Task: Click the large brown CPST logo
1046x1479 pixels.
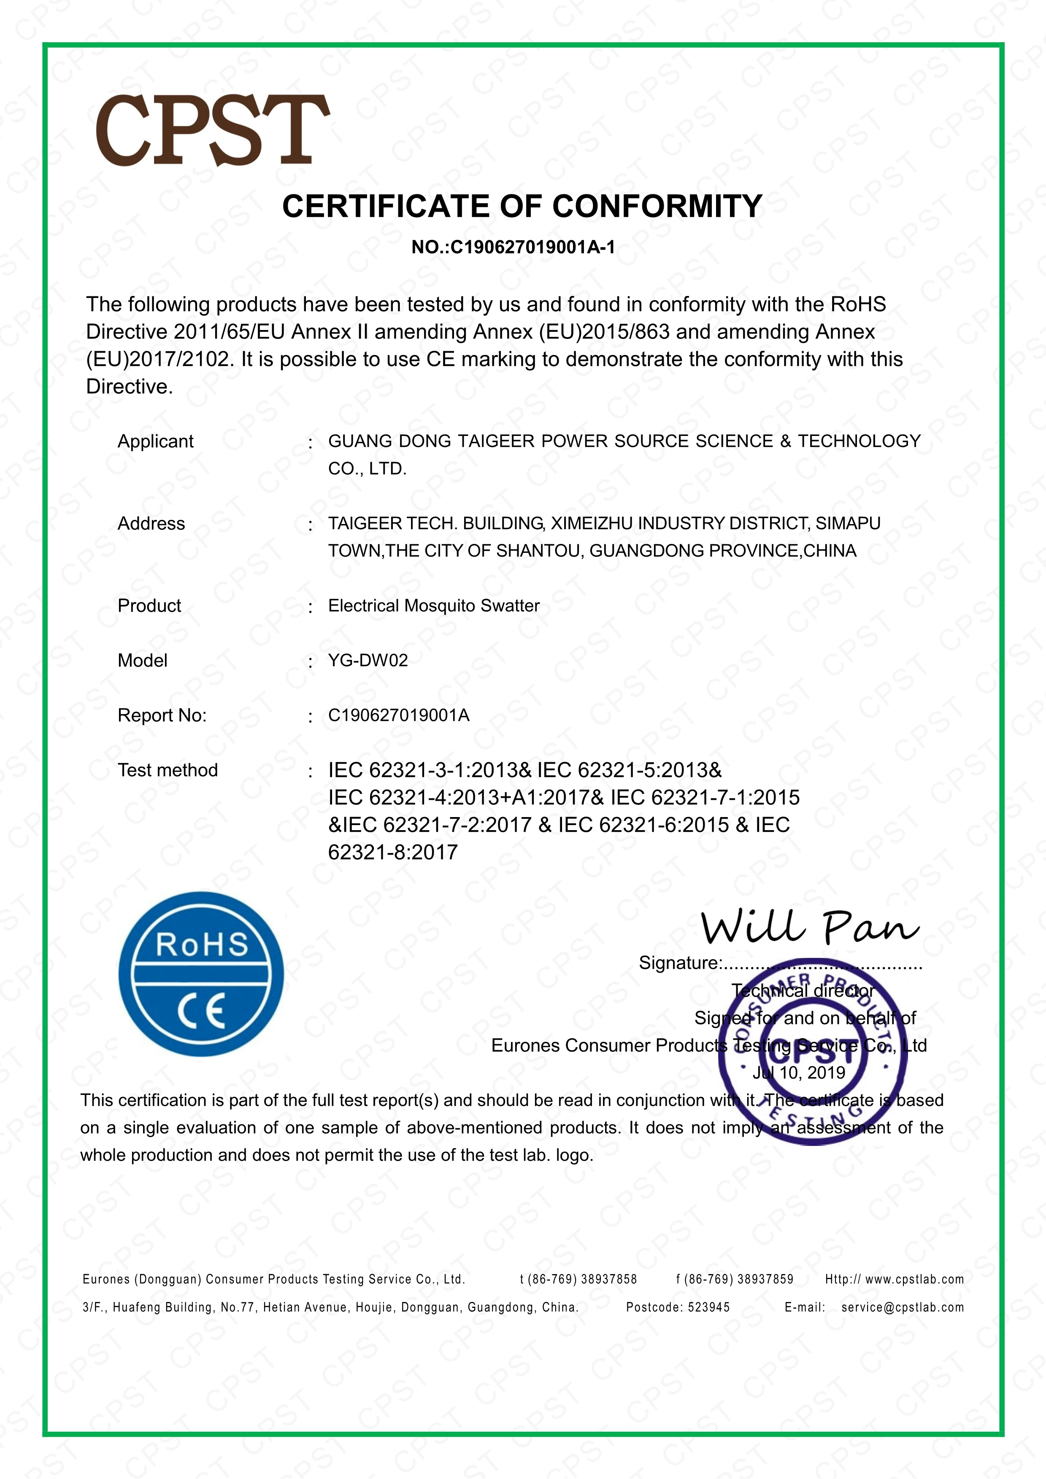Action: point(213,130)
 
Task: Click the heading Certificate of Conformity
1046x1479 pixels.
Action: point(522,207)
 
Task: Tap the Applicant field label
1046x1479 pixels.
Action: point(155,441)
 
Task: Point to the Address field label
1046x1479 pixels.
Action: point(151,524)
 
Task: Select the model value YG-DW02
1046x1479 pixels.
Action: point(368,660)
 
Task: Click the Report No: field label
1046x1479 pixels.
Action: point(162,715)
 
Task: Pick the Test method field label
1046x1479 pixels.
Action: point(168,770)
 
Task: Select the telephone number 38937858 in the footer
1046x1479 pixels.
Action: point(608,1279)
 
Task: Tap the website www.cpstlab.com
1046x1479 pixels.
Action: point(914,1279)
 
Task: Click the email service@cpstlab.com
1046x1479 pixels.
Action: point(902,1308)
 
